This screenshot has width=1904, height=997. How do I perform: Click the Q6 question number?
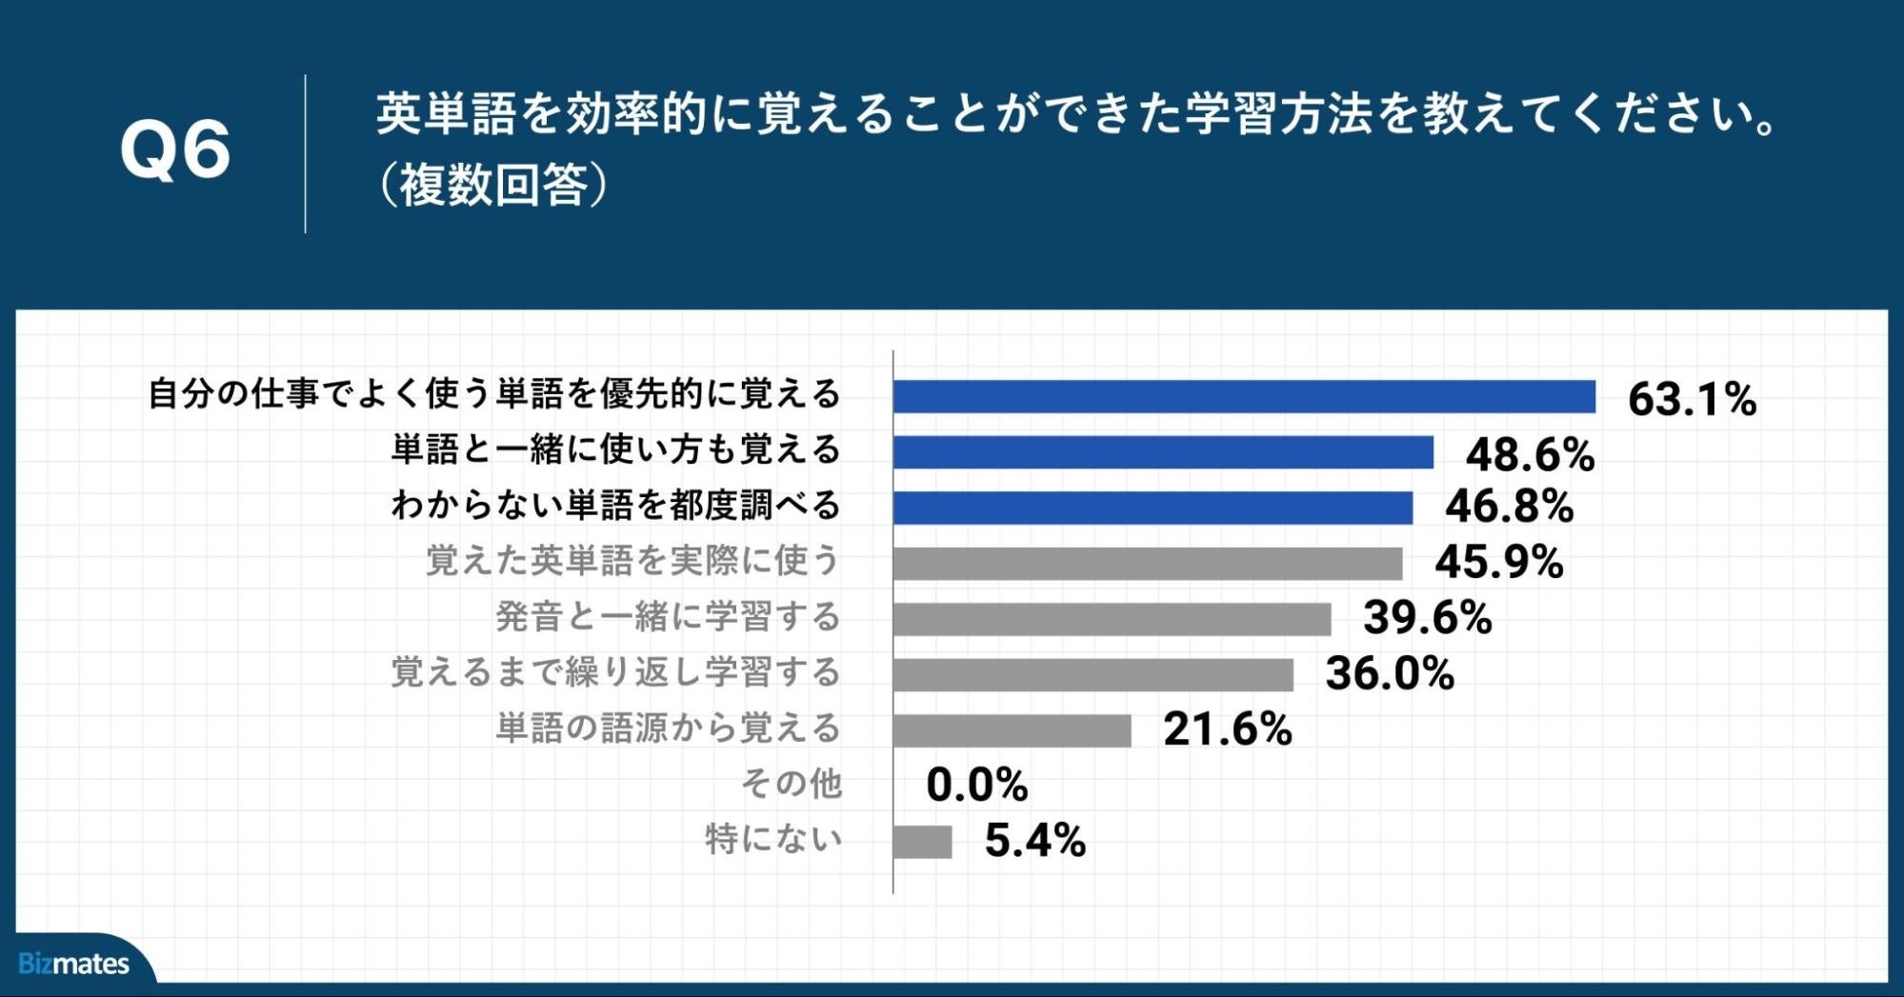click(x=175, y=150)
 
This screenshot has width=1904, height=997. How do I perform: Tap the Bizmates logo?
click(x=73, y=964)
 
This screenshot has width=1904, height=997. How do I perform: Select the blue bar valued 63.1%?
click(x=1243, y=396)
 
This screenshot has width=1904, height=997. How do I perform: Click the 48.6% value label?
click(x=1530, y=454)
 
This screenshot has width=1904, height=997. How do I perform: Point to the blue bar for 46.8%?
click(x=1152, y=508)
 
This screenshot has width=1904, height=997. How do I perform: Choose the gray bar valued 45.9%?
click(x=1147, y=563)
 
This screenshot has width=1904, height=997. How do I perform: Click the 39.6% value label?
click(x=1427, y=618)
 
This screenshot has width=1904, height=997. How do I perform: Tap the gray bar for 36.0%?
click(x=1092, y=674)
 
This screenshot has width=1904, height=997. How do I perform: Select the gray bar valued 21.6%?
click(x=1012, y=730)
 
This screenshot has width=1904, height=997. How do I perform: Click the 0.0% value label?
click(x=976, y=786)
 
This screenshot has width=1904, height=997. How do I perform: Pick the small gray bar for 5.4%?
click(x=922, y=842)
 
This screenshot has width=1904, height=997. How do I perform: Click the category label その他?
click(x=792, y=784)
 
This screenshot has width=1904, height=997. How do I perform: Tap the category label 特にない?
click(x=773, y=839)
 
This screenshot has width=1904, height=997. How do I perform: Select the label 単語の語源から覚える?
click(x=668, y=728)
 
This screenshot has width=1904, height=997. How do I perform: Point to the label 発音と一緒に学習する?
click(x=668, y=617)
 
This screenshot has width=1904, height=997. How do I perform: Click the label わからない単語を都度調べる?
click(x=615, y=505)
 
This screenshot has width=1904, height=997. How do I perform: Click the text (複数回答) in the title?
click(x=492, y=185)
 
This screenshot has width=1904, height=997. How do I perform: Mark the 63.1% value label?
click(x=1692, y=399)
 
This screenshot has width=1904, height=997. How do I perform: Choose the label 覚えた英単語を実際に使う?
click(x=632, y=561)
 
